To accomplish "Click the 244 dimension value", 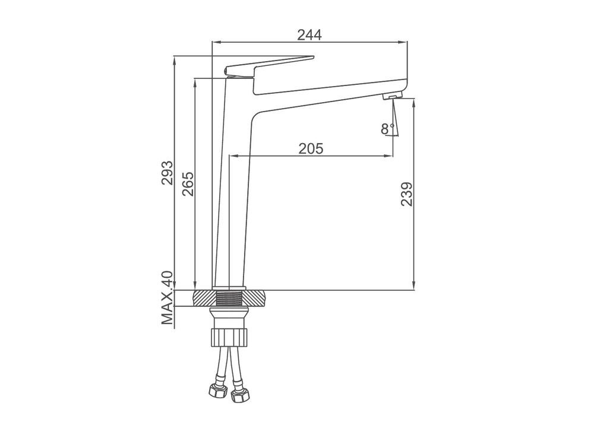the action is (x=309, y=34).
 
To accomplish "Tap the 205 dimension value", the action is (x=311, y=148).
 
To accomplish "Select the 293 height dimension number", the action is (x=167, y=173).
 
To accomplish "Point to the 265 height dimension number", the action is (x=188, y=183).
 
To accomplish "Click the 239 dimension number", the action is (x=407, y=194).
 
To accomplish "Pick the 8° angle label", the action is (x=387, y=129).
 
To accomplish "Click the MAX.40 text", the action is (x=167, y=297).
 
